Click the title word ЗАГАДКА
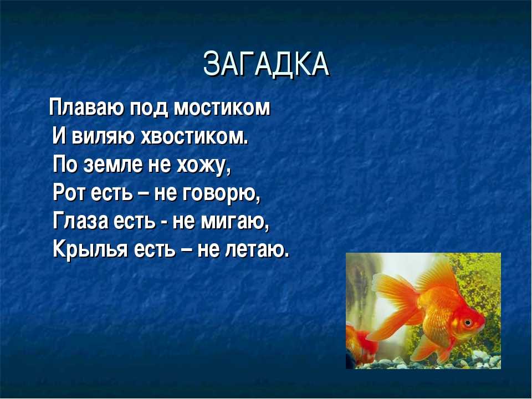click(267, 64)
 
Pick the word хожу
click(203, 166)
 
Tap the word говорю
click(222, 195)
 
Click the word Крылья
click(90, 250)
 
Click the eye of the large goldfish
click(468, 321)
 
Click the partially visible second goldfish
click(360, 345)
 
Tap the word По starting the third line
click(64, 165)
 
